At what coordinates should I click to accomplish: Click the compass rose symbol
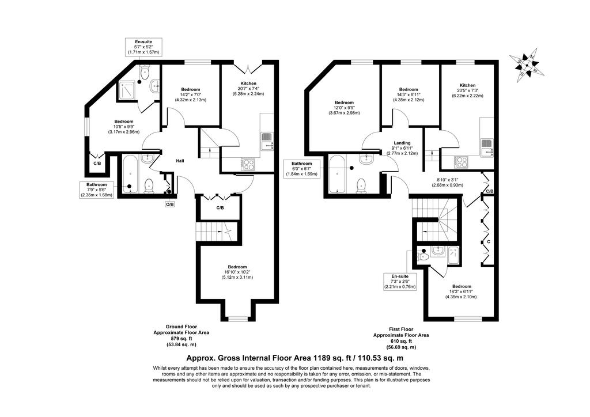527,66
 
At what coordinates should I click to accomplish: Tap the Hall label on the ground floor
180,161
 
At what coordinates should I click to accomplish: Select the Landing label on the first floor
402,143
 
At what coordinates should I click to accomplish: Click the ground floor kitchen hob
248,165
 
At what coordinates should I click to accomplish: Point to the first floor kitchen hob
460,162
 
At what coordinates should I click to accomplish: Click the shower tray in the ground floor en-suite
128,92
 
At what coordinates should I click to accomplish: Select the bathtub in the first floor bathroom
336,174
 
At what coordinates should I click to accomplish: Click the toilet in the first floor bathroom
361,186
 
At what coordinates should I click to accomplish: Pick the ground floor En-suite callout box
143,47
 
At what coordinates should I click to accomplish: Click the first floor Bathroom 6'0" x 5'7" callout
301,169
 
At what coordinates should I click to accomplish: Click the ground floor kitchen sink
267,141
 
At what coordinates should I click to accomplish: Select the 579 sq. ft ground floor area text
181,339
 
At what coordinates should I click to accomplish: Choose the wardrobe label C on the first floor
489,241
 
